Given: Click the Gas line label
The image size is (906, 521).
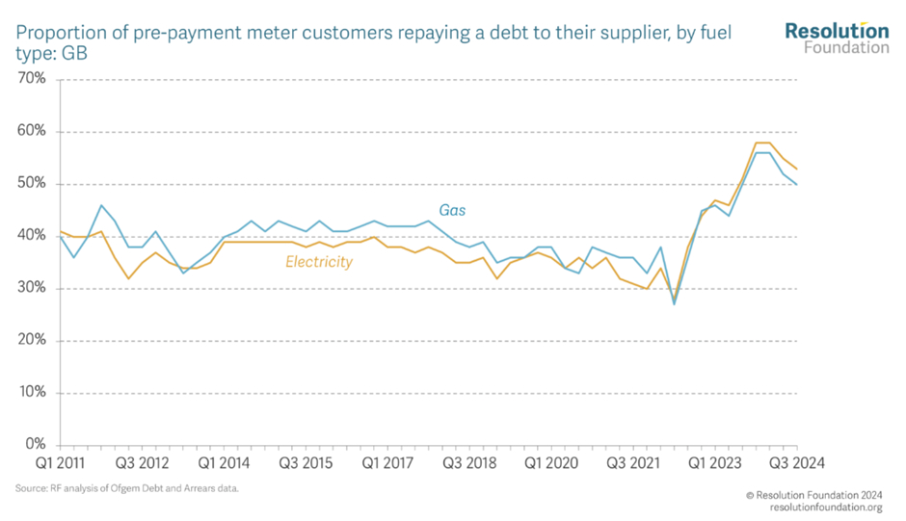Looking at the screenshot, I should (x=453, y=210).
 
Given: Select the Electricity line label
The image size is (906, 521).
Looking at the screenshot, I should (x=319, y=262).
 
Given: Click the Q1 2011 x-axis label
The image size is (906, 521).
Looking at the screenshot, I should (x=59, y=463).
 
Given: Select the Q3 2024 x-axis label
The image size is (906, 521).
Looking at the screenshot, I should (x=795, y=463).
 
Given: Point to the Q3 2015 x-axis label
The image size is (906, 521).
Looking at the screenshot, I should (x=306, y=463).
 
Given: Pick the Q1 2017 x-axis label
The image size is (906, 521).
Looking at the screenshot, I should (x=388, y=463).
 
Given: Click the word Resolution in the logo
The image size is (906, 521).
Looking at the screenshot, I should (x=837, y=31).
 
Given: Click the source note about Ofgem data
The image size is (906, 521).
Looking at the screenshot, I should (x=127, y=489).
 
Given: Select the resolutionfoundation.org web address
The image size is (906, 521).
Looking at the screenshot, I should (x=826, y=508).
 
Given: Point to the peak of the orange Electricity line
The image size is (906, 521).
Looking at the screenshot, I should (x=763, y=143).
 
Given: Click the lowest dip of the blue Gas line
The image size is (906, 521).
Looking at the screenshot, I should (x=674, y=303).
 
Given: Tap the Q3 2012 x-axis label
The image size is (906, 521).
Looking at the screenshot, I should (x=143, y=463).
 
